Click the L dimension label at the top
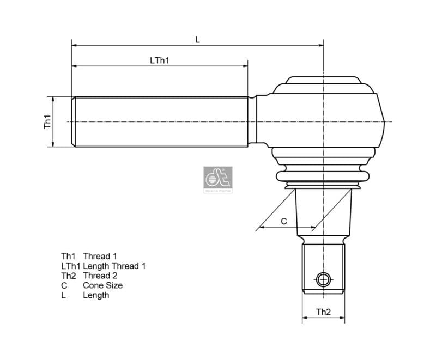(x=197, y=39)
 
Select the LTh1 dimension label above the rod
(x=160, y=60)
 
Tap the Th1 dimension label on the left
(x=47, y=121)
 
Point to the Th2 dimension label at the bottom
(x=323, y=312)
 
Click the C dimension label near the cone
(x=283, y=221)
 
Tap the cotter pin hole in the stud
(x=323, y=280)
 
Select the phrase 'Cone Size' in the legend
(x=102, y=285)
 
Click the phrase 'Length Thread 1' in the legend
(x=114, y=266)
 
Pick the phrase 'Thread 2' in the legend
(x=100, y=276)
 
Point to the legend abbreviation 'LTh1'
(x=70, y=266)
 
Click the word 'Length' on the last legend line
(x=96, y=295)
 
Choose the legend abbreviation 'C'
(x=64, y=285)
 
